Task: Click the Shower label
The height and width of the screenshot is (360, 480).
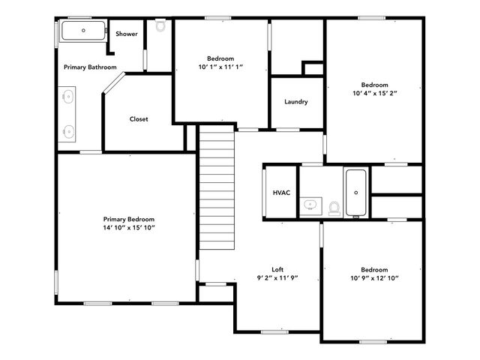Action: tap(126, 34)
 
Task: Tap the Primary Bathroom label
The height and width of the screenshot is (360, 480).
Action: tap(90, 67)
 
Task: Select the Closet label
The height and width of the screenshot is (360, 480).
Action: tap(139, 119)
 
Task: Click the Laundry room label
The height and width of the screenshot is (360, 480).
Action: tap(296, 102)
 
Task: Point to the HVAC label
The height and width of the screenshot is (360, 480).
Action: tap(281, 193)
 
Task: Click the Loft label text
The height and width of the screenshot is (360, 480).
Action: tap(277, 269)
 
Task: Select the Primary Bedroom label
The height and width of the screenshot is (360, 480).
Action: tap(129, 219)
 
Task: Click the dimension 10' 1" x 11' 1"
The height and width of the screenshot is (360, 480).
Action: tap(220, 67)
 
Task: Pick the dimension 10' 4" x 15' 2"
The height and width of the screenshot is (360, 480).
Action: tap(374, 94)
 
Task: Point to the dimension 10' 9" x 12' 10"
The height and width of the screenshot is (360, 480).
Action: tap(373, 278)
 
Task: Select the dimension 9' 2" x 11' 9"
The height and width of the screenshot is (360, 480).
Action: tap(277, 277)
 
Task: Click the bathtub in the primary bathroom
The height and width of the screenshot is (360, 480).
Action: tap(83, 31)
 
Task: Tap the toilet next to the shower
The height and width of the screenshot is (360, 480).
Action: tap(160, 25)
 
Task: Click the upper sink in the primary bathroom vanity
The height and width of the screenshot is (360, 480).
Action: tap(68, 96)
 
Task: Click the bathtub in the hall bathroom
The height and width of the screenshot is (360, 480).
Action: tap(355, 192)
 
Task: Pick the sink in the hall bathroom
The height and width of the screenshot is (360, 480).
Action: tap(310, 205)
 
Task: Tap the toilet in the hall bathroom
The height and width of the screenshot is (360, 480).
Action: tap(334, 208)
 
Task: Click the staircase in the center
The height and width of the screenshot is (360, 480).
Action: tap(217, 187)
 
